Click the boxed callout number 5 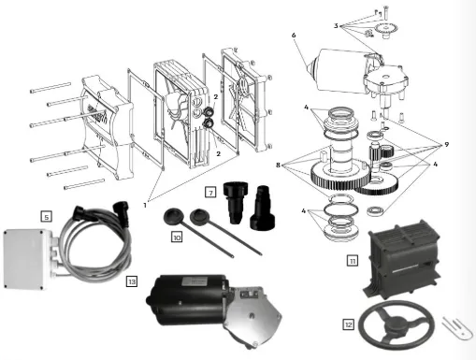point(45,215)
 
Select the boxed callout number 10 point(176,238)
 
